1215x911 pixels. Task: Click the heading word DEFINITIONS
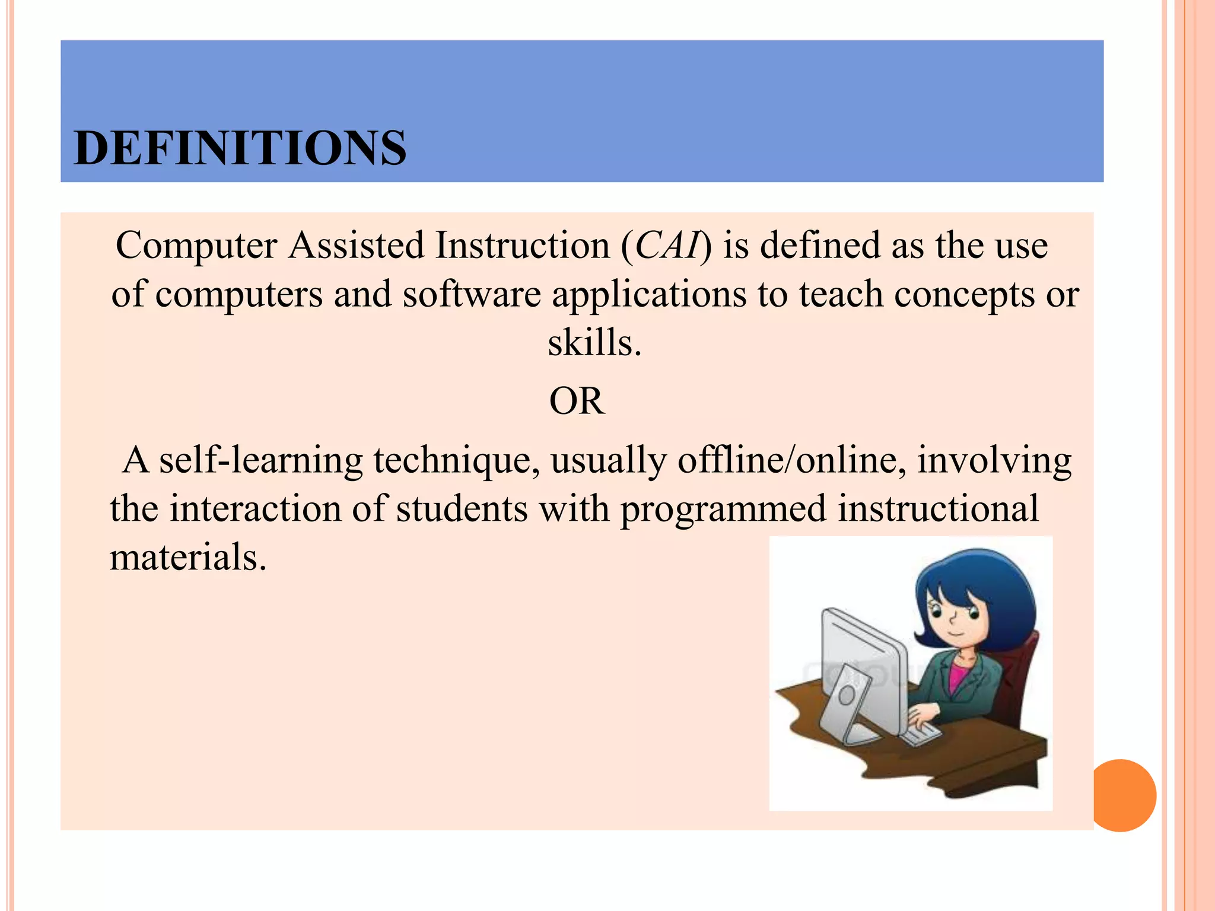pyautogui.click(x=240, y=148)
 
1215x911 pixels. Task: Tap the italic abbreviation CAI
pyautogui.click(x=667, y=246)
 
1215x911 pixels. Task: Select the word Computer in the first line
pyautogui.click(x=196, y=246)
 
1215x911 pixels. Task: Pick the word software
pyautogui.click(x=472, y=295)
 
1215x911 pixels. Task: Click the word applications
pyautogui.click(x=649, y=295)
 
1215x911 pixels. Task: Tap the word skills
pyautogui.click(x=594, y=343)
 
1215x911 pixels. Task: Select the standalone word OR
pyautogui.click(x=577, y=402)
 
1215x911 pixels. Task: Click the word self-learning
pyautogui.click(x=260, y=461)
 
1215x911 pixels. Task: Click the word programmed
pyautogui.click(x=723, y=509)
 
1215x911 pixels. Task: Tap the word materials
pyautogui.click(x=188, y=558)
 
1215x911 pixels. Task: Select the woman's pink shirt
pyautogui.click(x=958, y=676)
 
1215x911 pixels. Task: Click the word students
pyautogui.click(x=462, y=509)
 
